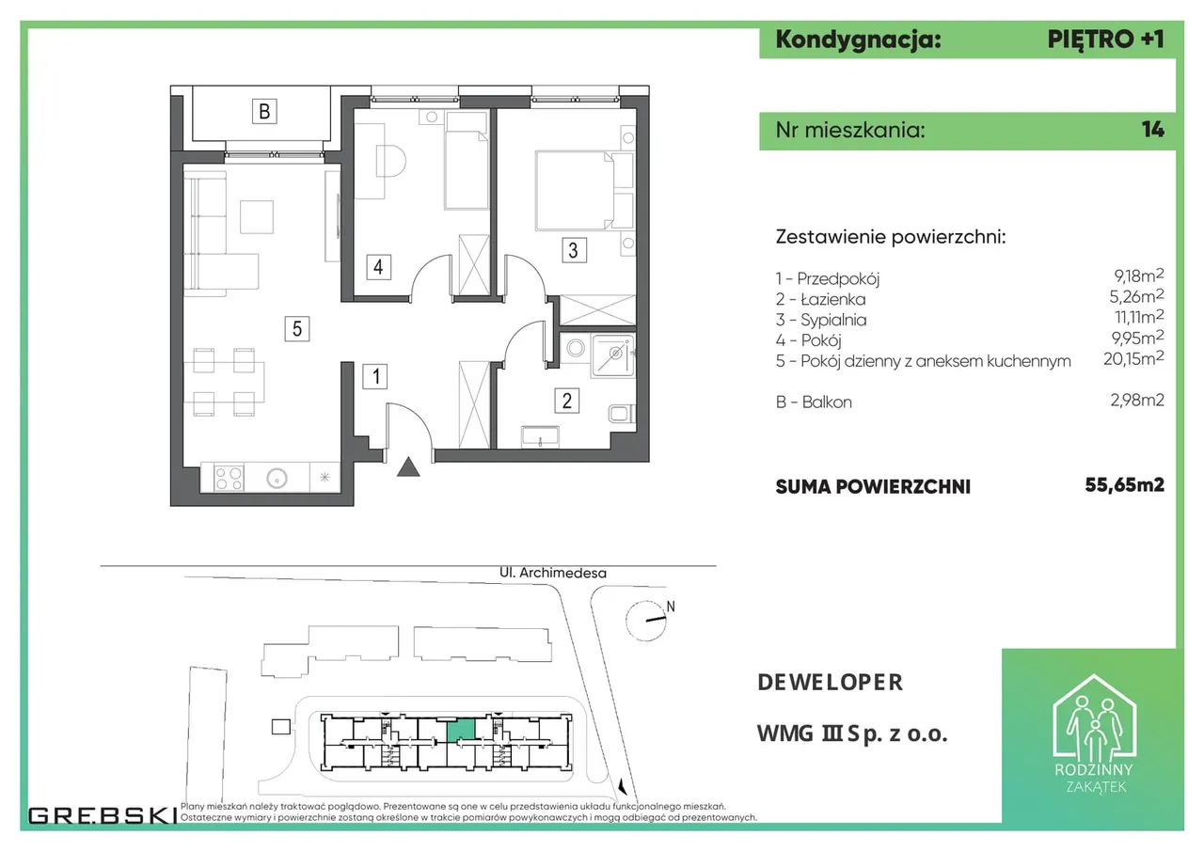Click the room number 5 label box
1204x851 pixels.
pyautogui.click(x=296, y=328)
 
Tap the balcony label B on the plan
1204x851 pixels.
pyautogui.click(x=264, y=111)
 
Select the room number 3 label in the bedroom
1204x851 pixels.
pyautogui.click(x=574, y=250)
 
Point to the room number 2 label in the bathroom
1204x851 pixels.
pyautogui.click(x=566, y=401)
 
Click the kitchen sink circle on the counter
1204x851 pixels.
pyautogui.click(x=277, y=478)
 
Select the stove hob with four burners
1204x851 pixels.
pyautogui.click(x=229, y=478)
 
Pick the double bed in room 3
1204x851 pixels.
pyautogui.click(x=575, y=191)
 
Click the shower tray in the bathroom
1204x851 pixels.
pyautogui.click(x=613, y=355)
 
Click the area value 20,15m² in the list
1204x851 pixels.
pyautogui.click(x=1133, y=358)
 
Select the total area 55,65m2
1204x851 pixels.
pyautogui.click(x=1124, y=484)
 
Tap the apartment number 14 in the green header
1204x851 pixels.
pyautogui.click(x=1153, y=130)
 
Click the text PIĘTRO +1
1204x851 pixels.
pyautogui.click(x=1105, y=39)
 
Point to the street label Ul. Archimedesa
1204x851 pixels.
pyautogui.click(x=552, y=573)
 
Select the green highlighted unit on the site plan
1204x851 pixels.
pyautogui.click(x=461, y=731)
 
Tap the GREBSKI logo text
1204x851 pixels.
pyautogui.click(x=103, y=815)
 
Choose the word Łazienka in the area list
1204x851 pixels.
pyautogui.click(x=833, y=299)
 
